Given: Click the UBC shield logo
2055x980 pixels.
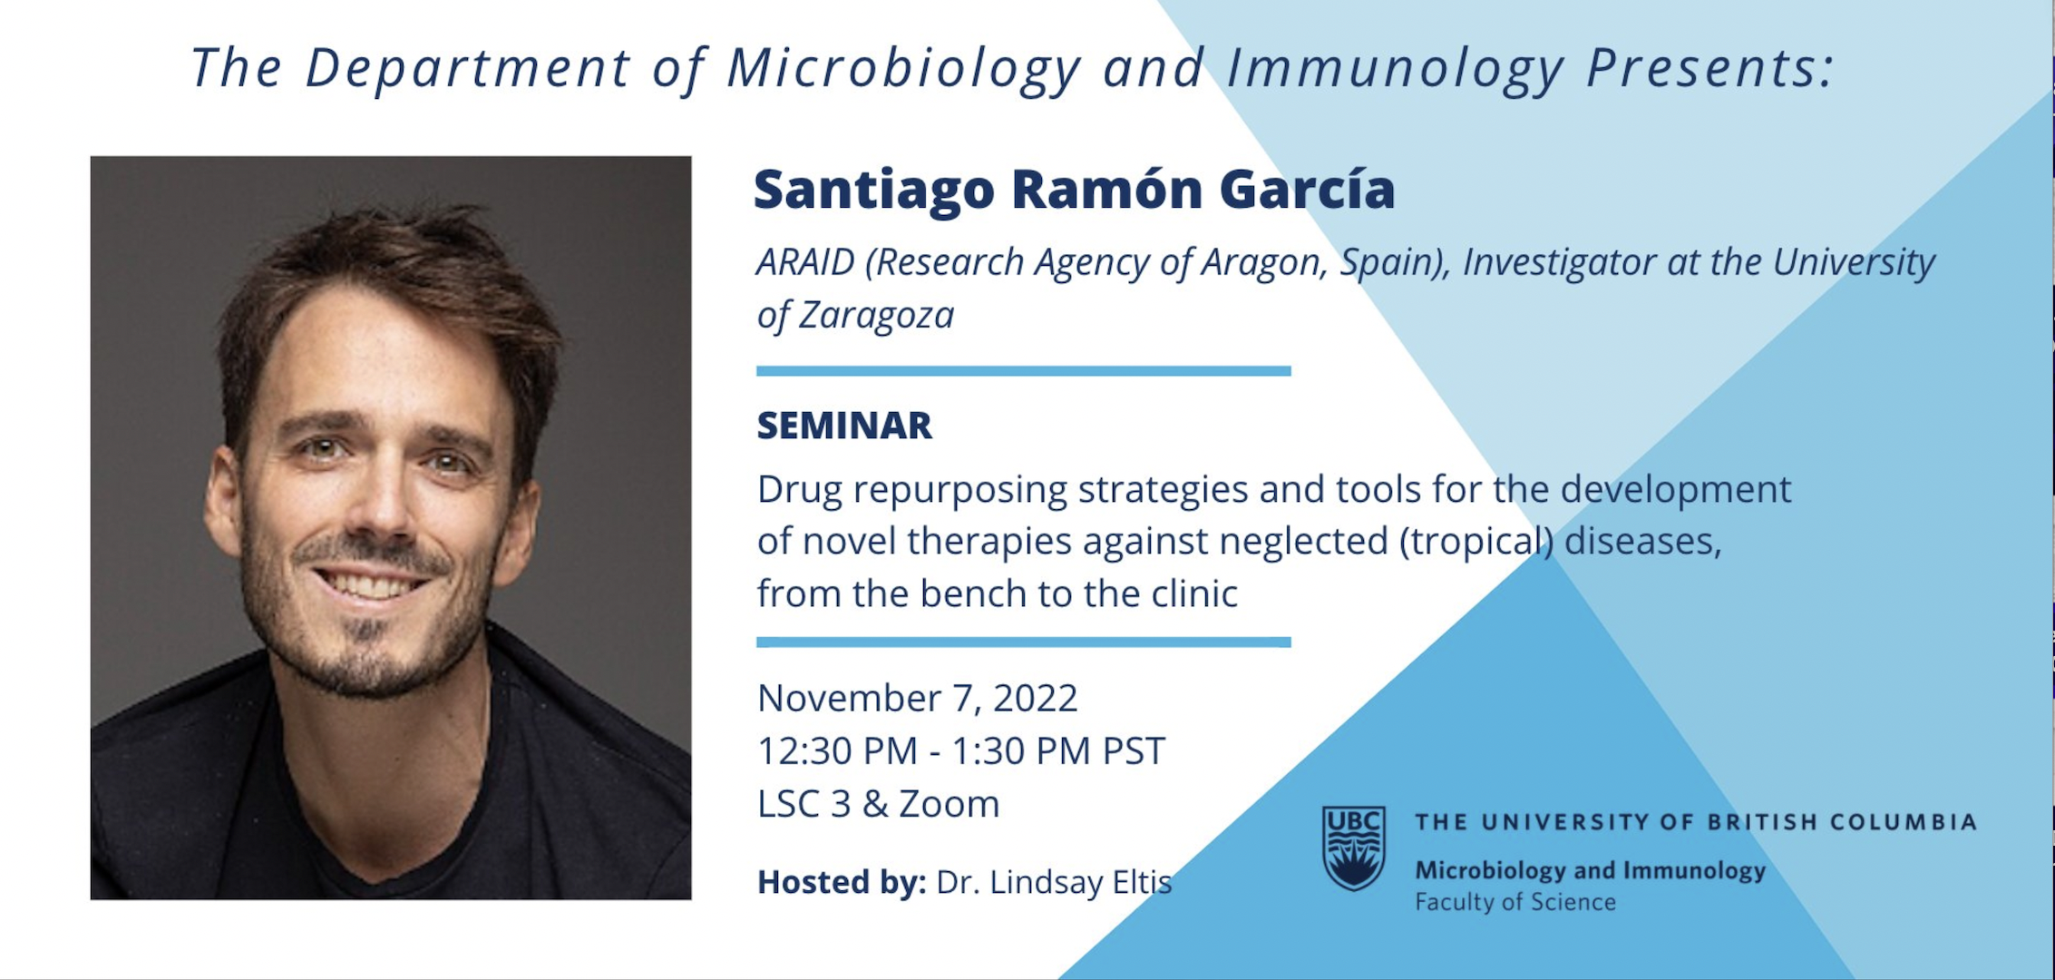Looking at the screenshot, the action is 1353,848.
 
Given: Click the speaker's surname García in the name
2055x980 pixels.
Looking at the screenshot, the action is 1307,189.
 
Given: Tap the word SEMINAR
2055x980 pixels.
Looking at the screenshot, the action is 844,426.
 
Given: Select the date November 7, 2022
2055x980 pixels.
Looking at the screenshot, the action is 917,698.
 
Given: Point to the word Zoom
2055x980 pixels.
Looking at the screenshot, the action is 949,804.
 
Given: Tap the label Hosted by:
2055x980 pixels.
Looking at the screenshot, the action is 842,882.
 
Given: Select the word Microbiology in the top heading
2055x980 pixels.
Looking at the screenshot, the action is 904,69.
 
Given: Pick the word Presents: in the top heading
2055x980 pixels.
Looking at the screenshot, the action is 1710,69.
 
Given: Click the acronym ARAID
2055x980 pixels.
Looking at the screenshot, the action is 805,262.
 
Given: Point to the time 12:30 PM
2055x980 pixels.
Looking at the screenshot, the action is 837,751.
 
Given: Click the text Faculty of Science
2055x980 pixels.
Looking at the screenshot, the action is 1515,902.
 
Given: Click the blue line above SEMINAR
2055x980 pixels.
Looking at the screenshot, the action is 1024,370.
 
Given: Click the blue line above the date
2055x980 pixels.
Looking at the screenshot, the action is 1024,642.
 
